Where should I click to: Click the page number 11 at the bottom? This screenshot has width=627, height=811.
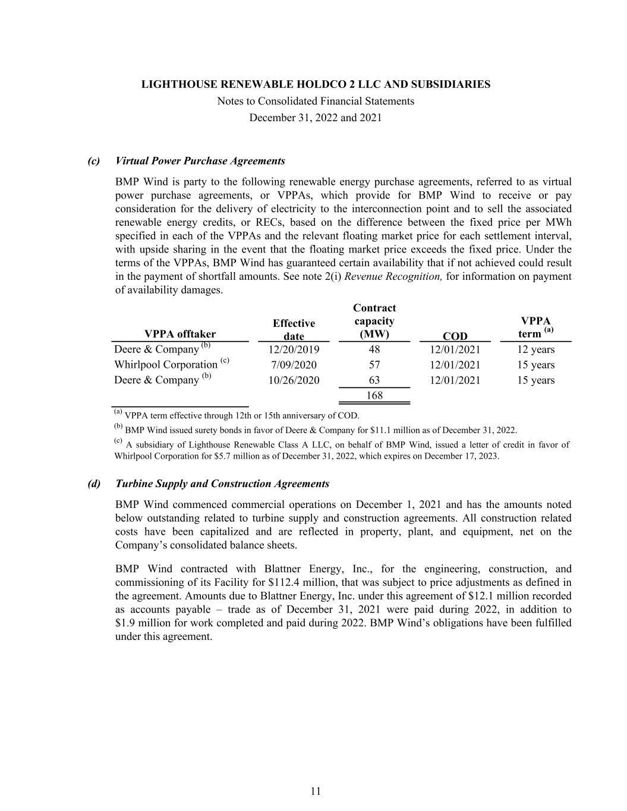coord(316,791)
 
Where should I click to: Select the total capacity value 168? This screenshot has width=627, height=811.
coord(374,395)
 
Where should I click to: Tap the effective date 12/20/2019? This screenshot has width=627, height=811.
coord(294,349)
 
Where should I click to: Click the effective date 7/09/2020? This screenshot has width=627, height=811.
coord(294,365)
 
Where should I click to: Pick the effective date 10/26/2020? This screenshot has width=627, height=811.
coord(294,380)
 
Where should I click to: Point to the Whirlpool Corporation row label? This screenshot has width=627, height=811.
coord(166,365)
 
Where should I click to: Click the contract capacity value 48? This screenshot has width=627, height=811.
coord(374,349)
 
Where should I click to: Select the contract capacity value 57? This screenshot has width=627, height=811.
coord(374,365)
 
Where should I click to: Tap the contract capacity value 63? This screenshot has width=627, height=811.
coord(374,380)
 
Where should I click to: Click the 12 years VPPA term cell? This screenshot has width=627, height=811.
coord(535,349)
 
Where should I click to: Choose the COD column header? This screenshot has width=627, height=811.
coord(455,336)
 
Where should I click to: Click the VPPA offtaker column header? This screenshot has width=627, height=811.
coord(180,334)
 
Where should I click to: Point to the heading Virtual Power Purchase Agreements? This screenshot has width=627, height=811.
coord(200,161)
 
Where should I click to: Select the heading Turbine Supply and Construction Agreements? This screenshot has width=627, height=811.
coord(222,484)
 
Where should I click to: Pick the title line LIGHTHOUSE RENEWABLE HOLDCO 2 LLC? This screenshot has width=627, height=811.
coord(316,84)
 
